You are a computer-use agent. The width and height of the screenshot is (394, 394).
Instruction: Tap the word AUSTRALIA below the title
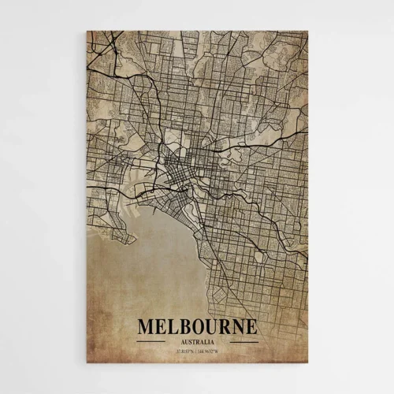click(197, 342)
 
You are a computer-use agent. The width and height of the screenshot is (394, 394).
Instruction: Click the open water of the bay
click(150, 260)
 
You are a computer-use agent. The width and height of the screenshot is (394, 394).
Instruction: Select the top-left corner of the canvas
click(87, 32)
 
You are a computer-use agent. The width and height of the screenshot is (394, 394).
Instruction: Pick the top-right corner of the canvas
click(307, 32)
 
